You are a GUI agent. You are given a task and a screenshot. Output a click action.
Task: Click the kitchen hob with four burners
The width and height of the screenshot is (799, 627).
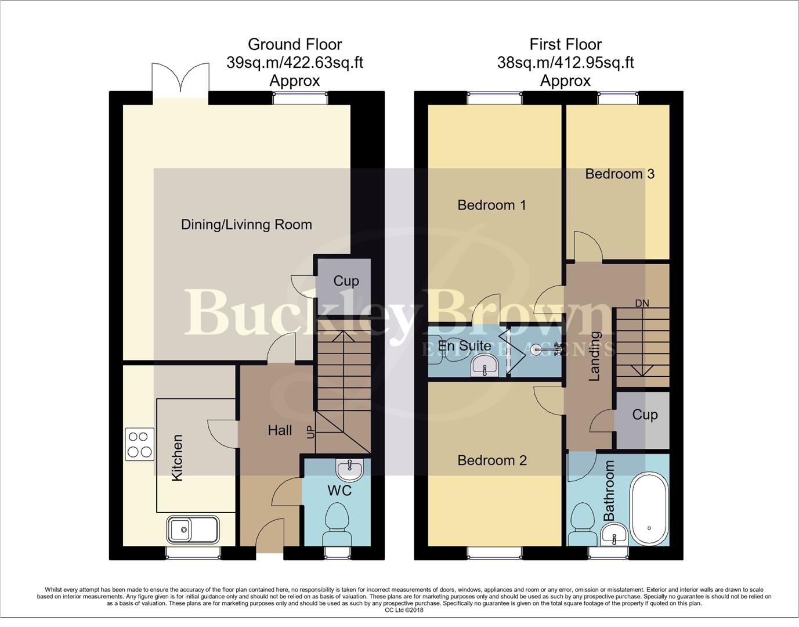[139, 444]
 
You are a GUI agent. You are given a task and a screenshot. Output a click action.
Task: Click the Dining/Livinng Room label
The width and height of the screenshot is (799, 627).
[246, 225]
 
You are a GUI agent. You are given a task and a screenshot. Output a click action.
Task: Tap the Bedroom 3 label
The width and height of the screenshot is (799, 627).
[619, 174]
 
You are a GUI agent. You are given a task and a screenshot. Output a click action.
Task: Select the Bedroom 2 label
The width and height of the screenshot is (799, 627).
[491, 460]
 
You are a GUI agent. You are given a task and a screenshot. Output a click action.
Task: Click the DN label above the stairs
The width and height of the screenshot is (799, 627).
[642, 303]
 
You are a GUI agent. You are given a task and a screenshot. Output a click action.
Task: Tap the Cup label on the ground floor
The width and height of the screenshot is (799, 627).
[346, 281]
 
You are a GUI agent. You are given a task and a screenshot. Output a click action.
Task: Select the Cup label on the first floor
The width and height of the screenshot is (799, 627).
[644, 415]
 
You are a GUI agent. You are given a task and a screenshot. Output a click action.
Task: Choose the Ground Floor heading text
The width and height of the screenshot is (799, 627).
[295, 44]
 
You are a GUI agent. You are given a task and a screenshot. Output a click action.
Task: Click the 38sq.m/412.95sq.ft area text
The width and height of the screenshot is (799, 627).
[565, 63]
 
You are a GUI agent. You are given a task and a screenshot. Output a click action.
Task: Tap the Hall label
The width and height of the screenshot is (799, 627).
[280, 430]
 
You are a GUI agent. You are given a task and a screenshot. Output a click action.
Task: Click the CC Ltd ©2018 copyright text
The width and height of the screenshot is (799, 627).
[404, 610]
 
